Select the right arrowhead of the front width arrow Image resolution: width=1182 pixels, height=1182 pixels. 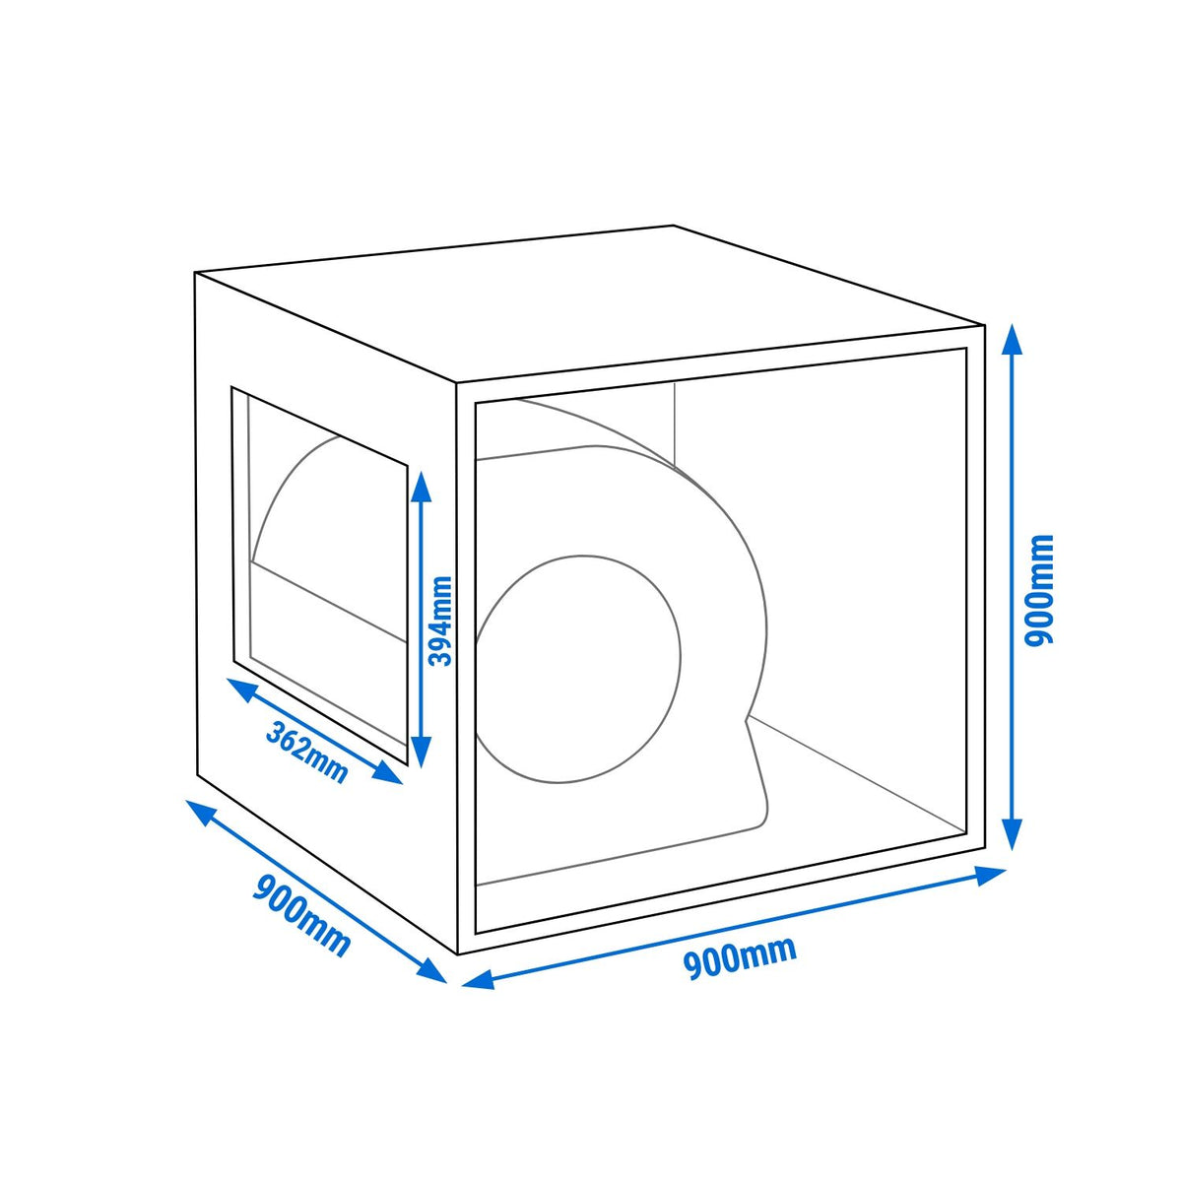tap(989, 876)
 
